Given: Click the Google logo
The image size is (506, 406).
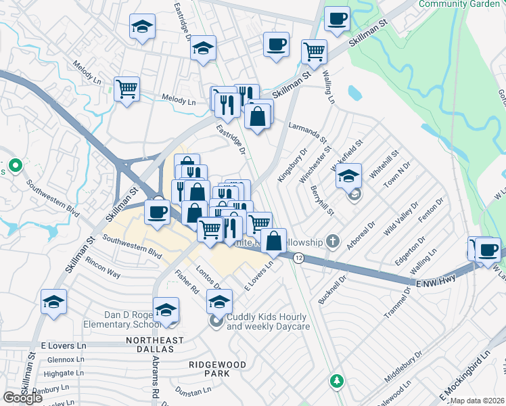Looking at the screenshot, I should (22, 397).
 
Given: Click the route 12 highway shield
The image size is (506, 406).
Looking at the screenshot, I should (298, 257).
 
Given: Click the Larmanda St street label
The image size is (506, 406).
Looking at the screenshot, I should (307, 127).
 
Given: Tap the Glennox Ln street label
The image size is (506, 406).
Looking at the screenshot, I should (60, 359).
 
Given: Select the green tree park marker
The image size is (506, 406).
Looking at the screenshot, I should (336, 381).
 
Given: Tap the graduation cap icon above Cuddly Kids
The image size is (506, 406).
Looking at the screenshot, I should (219, 300).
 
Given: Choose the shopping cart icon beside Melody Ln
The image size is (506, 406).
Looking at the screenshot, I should (127, 89).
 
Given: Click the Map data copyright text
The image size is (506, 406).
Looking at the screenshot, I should (476, 399).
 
